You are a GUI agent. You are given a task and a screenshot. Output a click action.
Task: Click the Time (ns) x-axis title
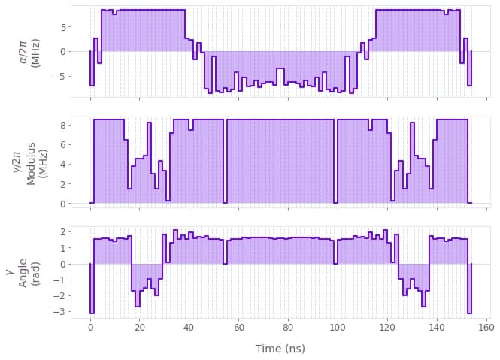pos(280,349)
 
